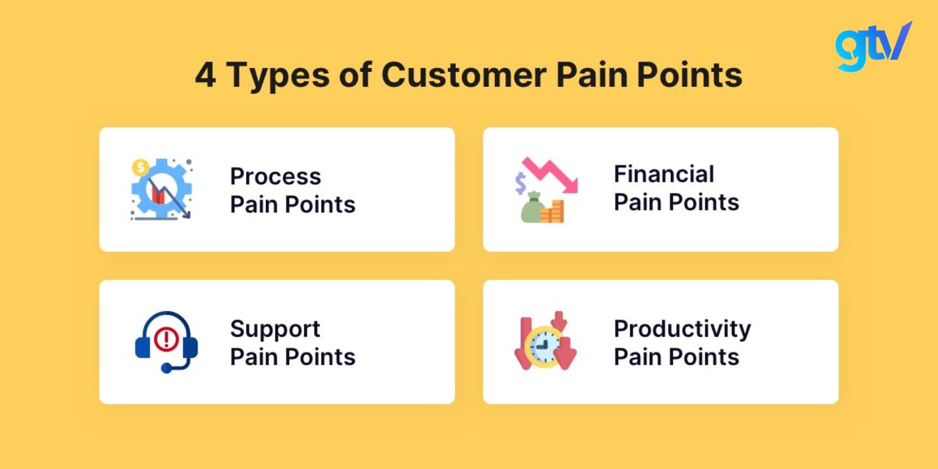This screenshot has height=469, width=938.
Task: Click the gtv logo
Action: tap(873, 47)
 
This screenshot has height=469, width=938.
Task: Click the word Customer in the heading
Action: tap(464, 75)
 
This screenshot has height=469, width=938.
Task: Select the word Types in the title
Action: tap(278, 77)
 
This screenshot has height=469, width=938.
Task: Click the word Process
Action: tap(276, 176)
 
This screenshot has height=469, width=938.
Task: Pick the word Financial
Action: tap(664, 174)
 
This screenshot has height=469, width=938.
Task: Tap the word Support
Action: tap(275, 329)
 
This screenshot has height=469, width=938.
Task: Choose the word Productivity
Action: tap(682, 329)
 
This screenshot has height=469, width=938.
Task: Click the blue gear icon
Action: tap(162, 189)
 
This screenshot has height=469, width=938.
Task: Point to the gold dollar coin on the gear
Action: tap(140, 168)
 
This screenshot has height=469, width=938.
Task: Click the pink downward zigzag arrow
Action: tap(550, 175)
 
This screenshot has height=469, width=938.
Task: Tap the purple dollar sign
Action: tap(520, 183)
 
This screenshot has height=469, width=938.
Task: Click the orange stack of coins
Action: tap(552, 212)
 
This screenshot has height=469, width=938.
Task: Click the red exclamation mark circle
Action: tap(166, 338)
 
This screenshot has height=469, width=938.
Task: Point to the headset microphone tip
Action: tap(166, 368)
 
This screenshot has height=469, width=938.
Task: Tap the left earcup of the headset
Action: tap(142, 348)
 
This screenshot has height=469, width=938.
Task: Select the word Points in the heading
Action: tap(689, 75)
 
